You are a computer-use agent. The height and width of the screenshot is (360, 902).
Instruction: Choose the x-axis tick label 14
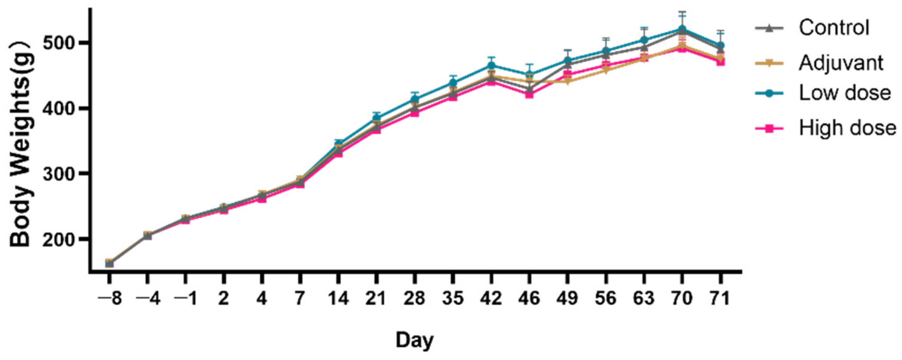coord(338,299)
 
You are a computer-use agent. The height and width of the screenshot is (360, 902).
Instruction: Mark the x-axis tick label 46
coord(529,299)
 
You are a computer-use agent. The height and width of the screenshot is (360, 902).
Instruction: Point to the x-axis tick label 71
coord(720,299)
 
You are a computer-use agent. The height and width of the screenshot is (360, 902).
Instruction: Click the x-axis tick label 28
coord(415,299)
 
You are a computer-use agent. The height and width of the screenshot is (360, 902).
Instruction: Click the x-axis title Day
coord(415,340)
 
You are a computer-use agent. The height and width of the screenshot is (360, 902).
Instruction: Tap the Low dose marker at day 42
coord(491,65)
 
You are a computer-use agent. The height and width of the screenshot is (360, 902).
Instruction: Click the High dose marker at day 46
coord(529,94)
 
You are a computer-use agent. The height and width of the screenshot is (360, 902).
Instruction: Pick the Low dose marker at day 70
coord(682,29)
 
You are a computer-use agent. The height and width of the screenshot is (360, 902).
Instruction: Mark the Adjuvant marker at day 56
coord(606,71)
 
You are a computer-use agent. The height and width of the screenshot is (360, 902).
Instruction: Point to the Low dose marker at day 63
coord(644,40)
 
